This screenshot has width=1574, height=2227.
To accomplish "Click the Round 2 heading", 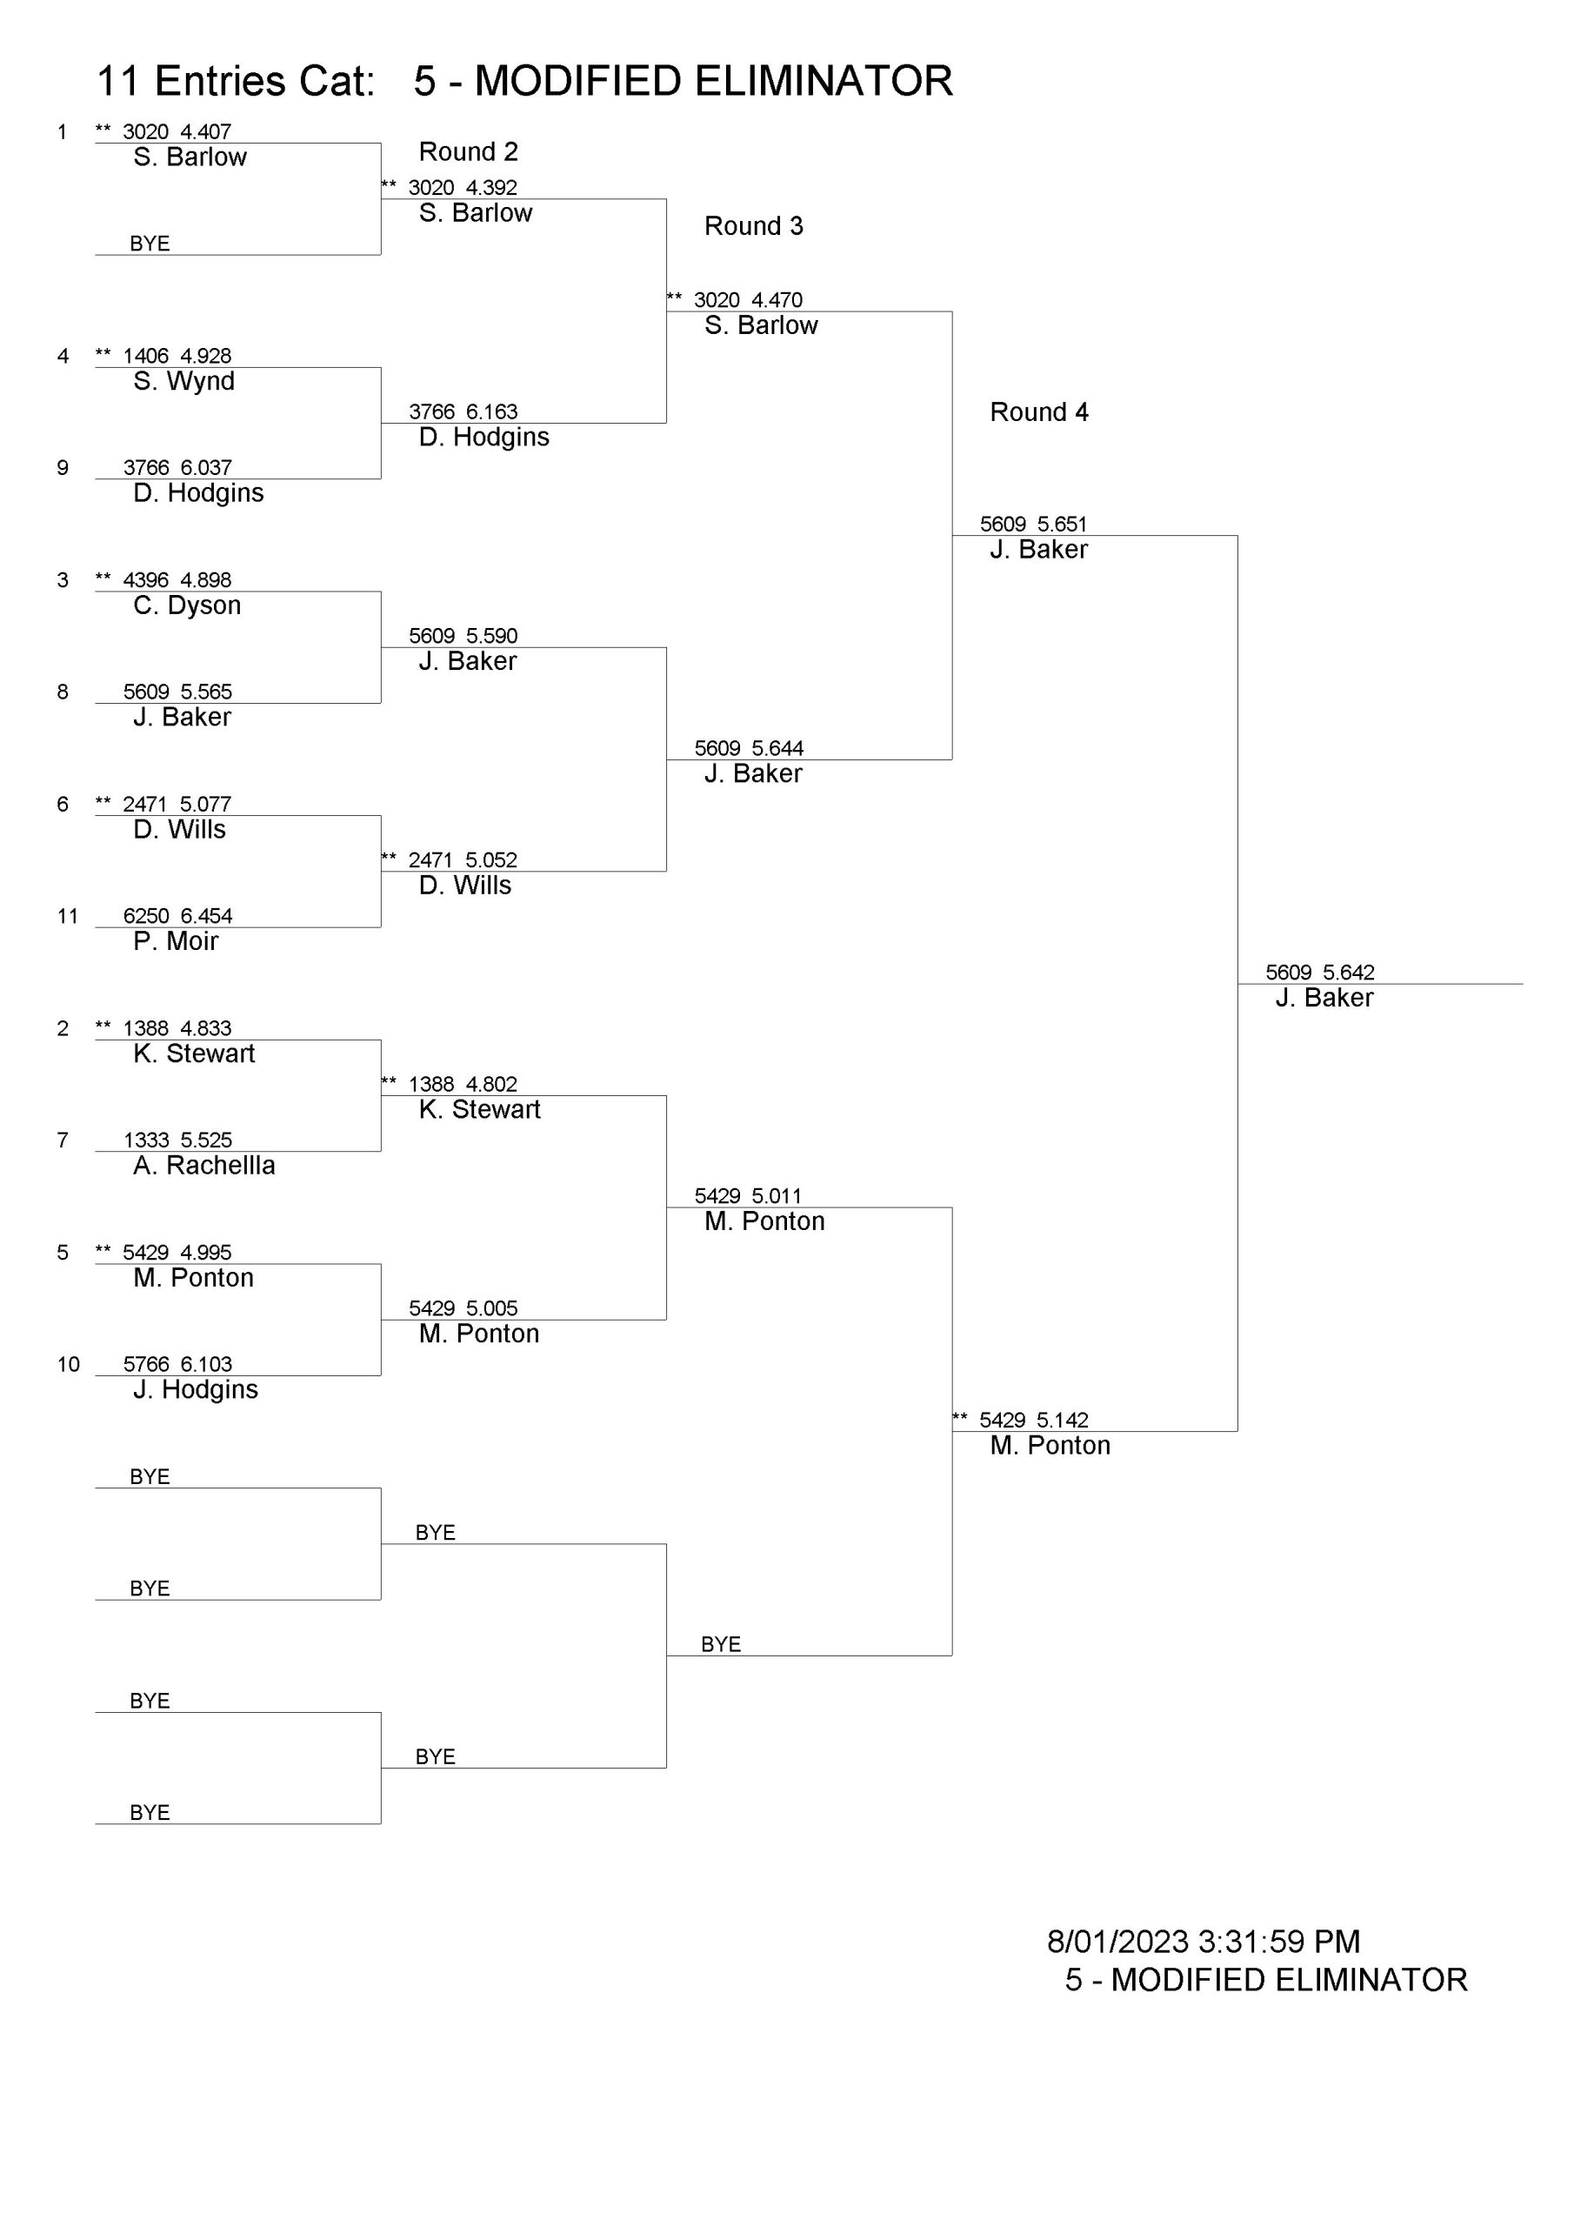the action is tap(469, 151).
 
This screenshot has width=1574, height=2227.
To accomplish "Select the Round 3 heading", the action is tap(754, 226).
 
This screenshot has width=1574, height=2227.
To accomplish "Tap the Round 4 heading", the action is tap(1038, 412).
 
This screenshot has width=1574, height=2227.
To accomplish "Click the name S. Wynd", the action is tap(184, 381).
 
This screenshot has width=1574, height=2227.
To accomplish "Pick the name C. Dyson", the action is tap(187, 606).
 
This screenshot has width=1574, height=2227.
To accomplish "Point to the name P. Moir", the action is tap(176, 941).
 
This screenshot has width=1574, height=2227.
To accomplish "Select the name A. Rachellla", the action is tap(204, 1165).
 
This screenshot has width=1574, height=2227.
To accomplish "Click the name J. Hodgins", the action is tap(196, 1390).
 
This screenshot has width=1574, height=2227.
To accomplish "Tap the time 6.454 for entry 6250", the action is tap(207, 916).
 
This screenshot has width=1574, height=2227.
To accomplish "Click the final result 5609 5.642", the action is tap(1320, 972).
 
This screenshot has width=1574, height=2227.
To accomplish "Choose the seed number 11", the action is tap(67, 916).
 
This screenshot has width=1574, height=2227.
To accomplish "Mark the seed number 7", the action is tap(63, 1140).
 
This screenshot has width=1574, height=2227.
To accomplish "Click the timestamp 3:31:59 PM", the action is tap(1279, 1942).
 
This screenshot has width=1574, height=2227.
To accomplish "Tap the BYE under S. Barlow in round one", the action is tap(150, 244).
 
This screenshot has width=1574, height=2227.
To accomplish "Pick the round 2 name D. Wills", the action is tap(464, 885).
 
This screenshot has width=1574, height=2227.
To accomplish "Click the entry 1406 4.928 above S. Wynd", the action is tap(177, 356).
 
